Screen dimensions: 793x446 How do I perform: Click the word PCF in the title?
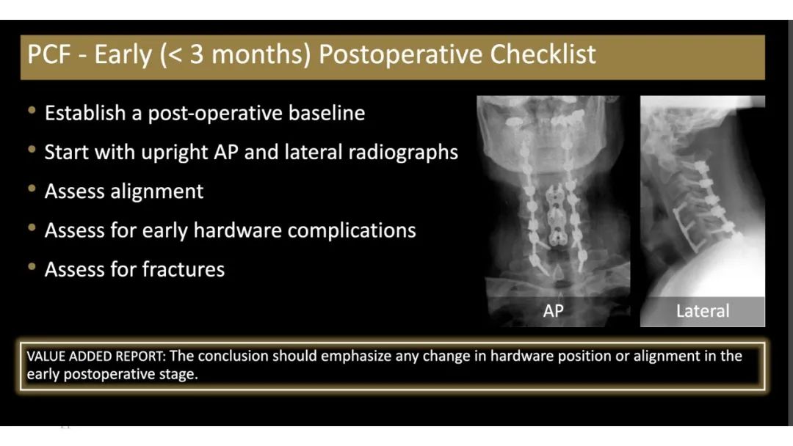[x=48, y=54]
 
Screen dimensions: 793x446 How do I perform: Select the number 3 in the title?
[x=197, y=54]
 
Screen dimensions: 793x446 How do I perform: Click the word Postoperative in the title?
[x=400, y=55]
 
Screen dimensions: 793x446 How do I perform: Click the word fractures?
[x=184, y=269]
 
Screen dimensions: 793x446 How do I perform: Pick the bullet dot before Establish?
[x=32, y=110]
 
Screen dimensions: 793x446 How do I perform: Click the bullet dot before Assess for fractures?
[x=32, y=266]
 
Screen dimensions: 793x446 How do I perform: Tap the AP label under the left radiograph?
[x=554, y=310]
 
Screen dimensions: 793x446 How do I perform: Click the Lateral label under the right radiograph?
[x=703, y=310]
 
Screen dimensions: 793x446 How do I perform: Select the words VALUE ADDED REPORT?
[x=95, y=356]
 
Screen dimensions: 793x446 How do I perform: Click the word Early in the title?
[x=123, y=55]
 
